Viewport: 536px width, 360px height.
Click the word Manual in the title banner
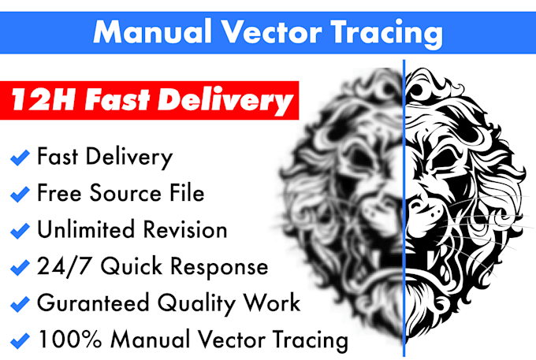(151, 33)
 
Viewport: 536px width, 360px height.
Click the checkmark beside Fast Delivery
(20, 158)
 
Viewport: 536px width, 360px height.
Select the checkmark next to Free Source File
(20, 195)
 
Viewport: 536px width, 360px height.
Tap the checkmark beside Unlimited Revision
(20, 232)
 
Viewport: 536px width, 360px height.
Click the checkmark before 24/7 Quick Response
(20, 269)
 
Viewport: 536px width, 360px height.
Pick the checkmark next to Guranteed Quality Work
(20, 305)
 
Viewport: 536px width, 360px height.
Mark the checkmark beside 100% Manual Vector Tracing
(20, 342)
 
